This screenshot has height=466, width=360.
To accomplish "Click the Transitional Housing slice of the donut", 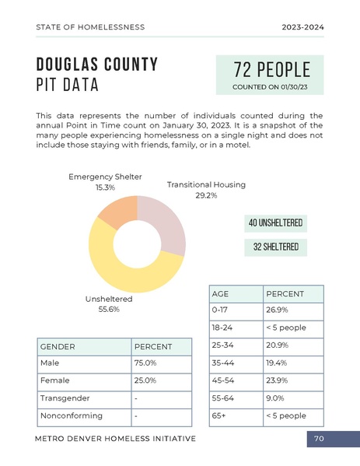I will coord(166,225).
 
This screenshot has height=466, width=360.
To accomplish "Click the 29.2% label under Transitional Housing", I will coord(206,196).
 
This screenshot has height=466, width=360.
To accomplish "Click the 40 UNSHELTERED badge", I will coord(275,224).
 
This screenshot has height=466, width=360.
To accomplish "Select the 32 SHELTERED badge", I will coord(275,247).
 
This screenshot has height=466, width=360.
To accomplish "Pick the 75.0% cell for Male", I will coord(145,363).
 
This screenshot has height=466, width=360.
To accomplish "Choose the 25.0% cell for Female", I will coord(145,380).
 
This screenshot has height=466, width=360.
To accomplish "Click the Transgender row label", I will coord(65,398).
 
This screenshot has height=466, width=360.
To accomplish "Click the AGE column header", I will coord(221,294).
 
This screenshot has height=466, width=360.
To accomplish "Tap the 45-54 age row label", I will coord(225,380).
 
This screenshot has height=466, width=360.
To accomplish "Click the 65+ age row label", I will coord(218,416).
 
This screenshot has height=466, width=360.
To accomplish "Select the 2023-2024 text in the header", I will coord(302,27).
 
